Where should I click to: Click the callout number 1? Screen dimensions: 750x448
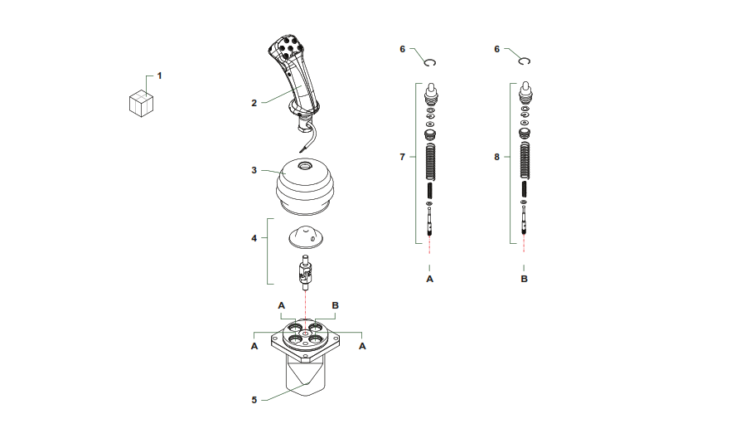[159, 75]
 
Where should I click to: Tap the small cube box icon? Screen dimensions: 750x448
[141, 104]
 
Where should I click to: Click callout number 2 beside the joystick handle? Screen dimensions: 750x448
[254, 103]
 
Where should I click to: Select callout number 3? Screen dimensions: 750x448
[254, 170]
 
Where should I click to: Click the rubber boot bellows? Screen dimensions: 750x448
[305, 186]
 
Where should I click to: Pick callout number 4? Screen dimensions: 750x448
[254, 238]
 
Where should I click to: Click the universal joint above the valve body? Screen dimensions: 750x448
[305, 274]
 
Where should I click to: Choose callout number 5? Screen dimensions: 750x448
[254, 400]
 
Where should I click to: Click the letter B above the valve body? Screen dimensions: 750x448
[336, 305]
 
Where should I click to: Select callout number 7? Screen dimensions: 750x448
[402, 157]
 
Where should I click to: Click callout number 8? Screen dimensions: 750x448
[497, 157]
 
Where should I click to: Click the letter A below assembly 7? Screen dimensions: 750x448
[429, 279]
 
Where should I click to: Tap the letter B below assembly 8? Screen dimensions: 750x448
[525, 279]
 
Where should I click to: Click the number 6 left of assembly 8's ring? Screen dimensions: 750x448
[497, 49]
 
